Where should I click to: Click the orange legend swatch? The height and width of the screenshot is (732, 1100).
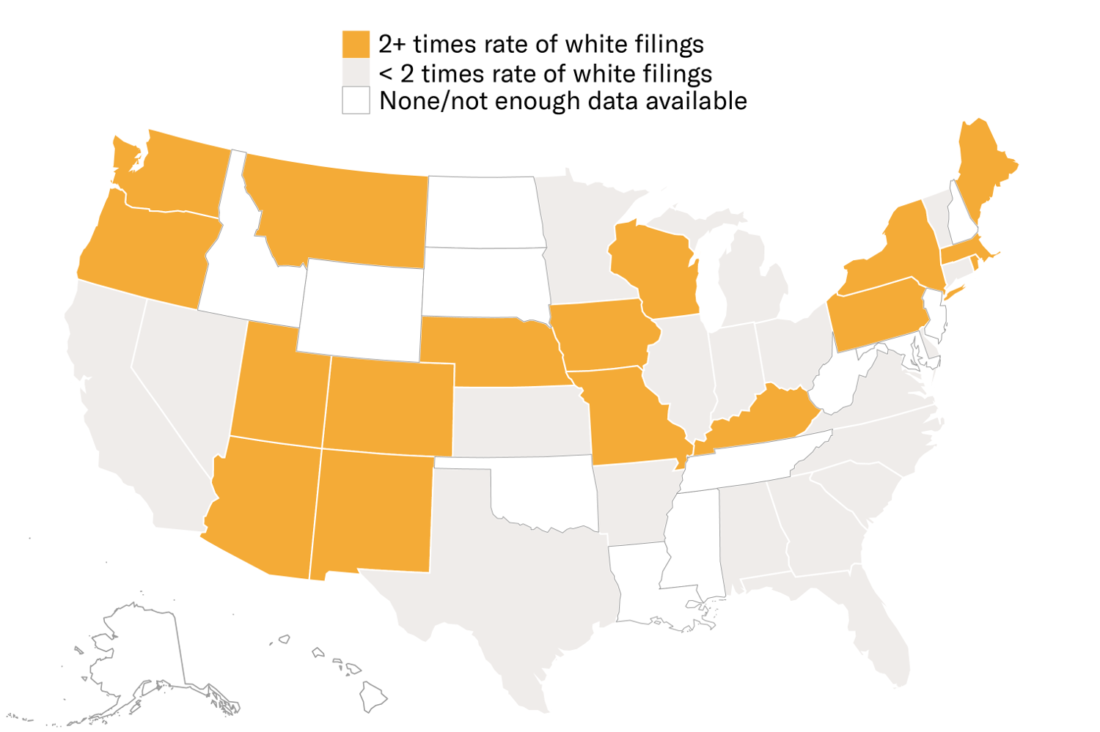(x=356, y=44)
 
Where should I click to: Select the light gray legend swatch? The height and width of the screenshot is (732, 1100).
(x=356, y=72)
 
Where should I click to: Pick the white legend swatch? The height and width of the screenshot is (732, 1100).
(x=356, y=100)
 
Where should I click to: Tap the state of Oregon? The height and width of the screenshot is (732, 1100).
(x=147, y=249)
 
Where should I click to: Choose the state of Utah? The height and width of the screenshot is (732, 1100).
(x=279, y=388)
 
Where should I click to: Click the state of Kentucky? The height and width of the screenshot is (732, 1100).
(x=763, y=421)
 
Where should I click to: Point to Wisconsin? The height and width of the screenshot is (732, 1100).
(x=656, y=267)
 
